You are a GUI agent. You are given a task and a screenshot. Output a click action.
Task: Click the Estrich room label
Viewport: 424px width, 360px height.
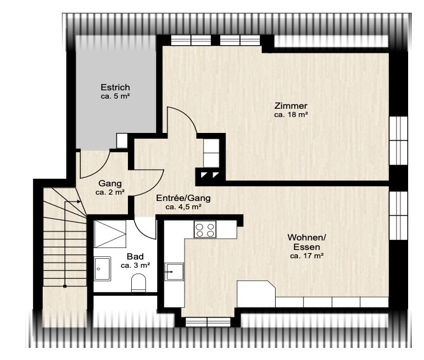point(115,88)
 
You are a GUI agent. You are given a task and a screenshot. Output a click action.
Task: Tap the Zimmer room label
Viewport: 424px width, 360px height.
point(291,106)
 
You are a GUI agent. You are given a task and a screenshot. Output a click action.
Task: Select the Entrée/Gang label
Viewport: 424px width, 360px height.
point(183,198)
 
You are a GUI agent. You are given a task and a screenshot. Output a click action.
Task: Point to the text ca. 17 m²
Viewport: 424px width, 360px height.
point(307,256)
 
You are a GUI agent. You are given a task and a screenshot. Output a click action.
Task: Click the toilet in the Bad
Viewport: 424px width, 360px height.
point(138,283)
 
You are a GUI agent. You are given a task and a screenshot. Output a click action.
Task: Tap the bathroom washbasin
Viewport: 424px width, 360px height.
point(102,268)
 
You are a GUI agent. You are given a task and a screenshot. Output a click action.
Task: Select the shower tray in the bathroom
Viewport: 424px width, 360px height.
point(110,234)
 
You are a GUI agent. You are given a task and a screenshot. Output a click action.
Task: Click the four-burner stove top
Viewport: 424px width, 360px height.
point(205,229)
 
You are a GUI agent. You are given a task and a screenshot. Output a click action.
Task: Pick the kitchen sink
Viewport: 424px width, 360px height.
point(174,272)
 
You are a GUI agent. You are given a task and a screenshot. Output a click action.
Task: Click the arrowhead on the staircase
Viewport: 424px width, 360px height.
point(79,202)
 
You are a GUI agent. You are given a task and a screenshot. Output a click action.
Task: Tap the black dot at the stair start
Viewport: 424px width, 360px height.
point(65,286)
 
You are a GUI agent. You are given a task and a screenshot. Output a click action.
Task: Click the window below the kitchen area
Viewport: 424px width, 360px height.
point(208,322)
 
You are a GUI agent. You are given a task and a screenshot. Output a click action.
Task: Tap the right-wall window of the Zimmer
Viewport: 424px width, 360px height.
point(399,140)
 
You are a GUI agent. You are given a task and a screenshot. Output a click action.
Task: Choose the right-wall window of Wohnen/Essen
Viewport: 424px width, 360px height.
point(399,216)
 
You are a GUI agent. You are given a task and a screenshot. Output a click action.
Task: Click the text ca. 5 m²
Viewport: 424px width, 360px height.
point(115,96)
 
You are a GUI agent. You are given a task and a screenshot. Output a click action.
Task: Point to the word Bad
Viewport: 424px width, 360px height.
point(135,256)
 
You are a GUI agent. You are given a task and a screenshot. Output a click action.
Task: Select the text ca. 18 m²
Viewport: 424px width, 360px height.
point(291,114)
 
